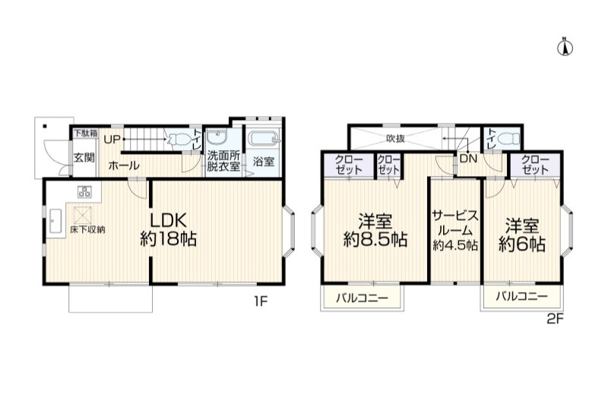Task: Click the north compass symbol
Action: pos(565,47)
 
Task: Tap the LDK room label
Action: pos(168,220)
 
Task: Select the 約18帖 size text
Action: pos(168,239)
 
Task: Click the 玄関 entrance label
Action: pos(84,158)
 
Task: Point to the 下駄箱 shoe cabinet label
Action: pos(86,133)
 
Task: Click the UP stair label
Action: pos(112,139)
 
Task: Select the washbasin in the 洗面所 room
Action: pos(217,137)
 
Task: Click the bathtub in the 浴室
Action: pos(264,139)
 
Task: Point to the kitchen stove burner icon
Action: pos(84,191)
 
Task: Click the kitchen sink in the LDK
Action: pos(55,221)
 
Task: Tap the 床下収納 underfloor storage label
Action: pos(87,229)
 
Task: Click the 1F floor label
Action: pos(260,301)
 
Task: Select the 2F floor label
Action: pos(556,319)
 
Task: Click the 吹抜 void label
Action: pos(395,138)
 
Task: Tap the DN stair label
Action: pos(468,159)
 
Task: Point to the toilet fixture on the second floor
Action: pos(508,138)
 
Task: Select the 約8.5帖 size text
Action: pos(375,240)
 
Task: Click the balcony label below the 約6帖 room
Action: pos(521,297)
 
